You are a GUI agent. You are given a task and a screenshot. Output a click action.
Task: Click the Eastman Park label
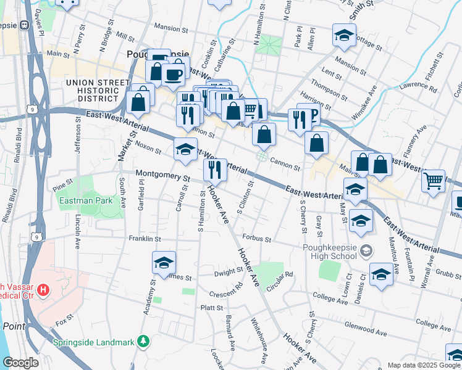tap(85, 200)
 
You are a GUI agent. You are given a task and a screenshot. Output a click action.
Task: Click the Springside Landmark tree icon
tap(143, 340)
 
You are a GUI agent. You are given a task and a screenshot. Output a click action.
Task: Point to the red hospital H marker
tap(43, 289)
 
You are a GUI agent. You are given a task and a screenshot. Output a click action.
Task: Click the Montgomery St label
tap(162, 176)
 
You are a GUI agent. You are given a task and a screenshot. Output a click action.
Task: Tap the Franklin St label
tap(145, 239)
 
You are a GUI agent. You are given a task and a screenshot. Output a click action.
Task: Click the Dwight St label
tap(229, 271)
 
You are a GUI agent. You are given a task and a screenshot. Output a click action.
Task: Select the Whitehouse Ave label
tap(259, 339)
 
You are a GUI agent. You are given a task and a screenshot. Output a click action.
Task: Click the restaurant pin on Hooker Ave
tap(215, 170)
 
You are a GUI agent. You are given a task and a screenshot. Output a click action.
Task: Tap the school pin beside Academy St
tap(164, 263)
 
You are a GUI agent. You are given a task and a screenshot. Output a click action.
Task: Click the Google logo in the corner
tap(20, 363)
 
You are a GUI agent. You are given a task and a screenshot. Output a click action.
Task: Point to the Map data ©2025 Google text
tap(424, 365)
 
